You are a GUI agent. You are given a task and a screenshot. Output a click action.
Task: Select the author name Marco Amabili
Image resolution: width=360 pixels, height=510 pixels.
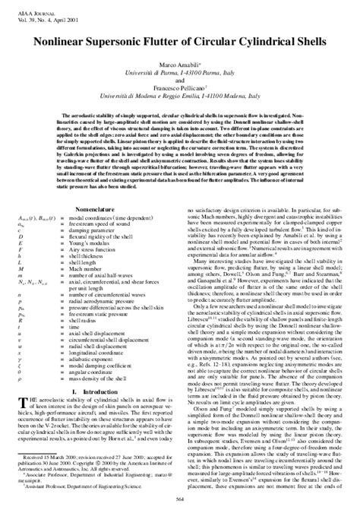pyautogui.click(x=180, y=66)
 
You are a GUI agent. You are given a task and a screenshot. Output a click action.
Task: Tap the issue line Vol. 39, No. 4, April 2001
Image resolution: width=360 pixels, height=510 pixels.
pyautogui.click(x=36, y=12)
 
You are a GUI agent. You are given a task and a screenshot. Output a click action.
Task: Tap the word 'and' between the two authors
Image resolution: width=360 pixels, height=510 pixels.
pyautogui.click(x=180, y=82)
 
